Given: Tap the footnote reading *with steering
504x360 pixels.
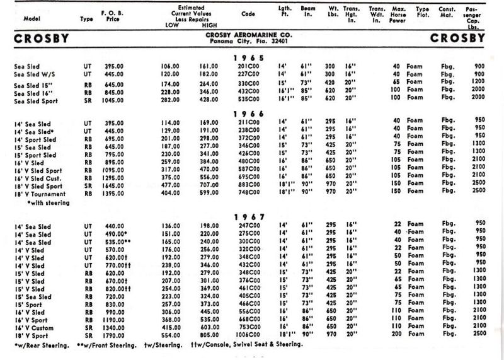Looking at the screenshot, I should click(49, 204).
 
